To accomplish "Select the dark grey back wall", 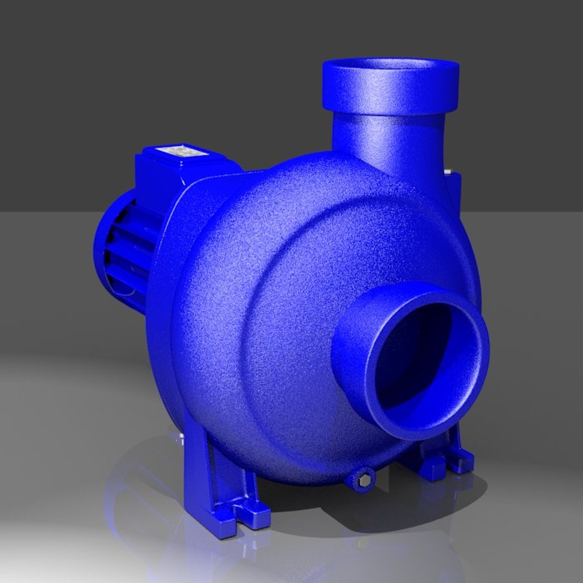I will [x=162, y=81].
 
